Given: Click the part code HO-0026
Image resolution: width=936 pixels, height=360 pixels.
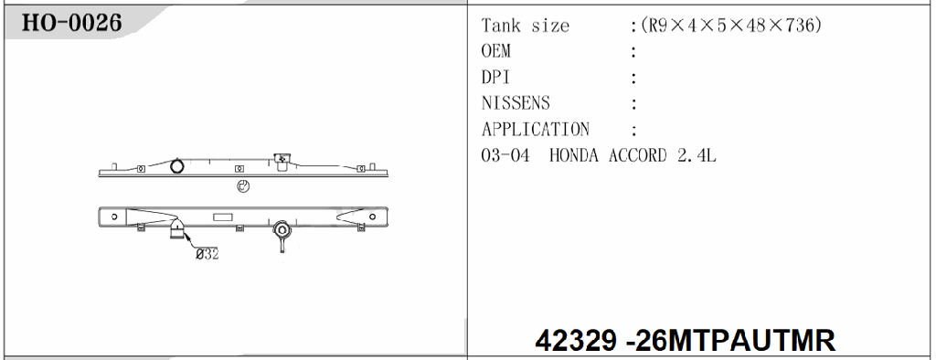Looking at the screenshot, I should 71,24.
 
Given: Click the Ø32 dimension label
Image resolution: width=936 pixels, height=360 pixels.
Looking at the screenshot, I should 206,255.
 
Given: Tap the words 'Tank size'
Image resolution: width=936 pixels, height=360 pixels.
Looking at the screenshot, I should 525,26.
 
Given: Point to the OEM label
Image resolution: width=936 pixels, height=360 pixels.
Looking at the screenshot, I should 496,51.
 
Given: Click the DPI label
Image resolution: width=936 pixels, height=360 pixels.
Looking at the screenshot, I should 495,78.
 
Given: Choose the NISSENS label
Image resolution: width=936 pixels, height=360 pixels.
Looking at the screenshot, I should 516,103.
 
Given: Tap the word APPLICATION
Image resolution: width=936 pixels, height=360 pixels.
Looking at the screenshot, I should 535,130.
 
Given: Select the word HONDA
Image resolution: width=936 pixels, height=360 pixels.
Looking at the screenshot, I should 576,155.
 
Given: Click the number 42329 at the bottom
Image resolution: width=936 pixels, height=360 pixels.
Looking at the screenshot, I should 576,341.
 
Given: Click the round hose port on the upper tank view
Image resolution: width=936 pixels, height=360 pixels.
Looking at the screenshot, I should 178,165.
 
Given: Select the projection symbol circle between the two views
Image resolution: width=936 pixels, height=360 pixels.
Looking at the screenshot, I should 243,187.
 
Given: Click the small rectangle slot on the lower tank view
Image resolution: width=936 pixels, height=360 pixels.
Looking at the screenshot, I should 223,218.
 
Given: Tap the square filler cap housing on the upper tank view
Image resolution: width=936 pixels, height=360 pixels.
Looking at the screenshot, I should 282,160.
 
